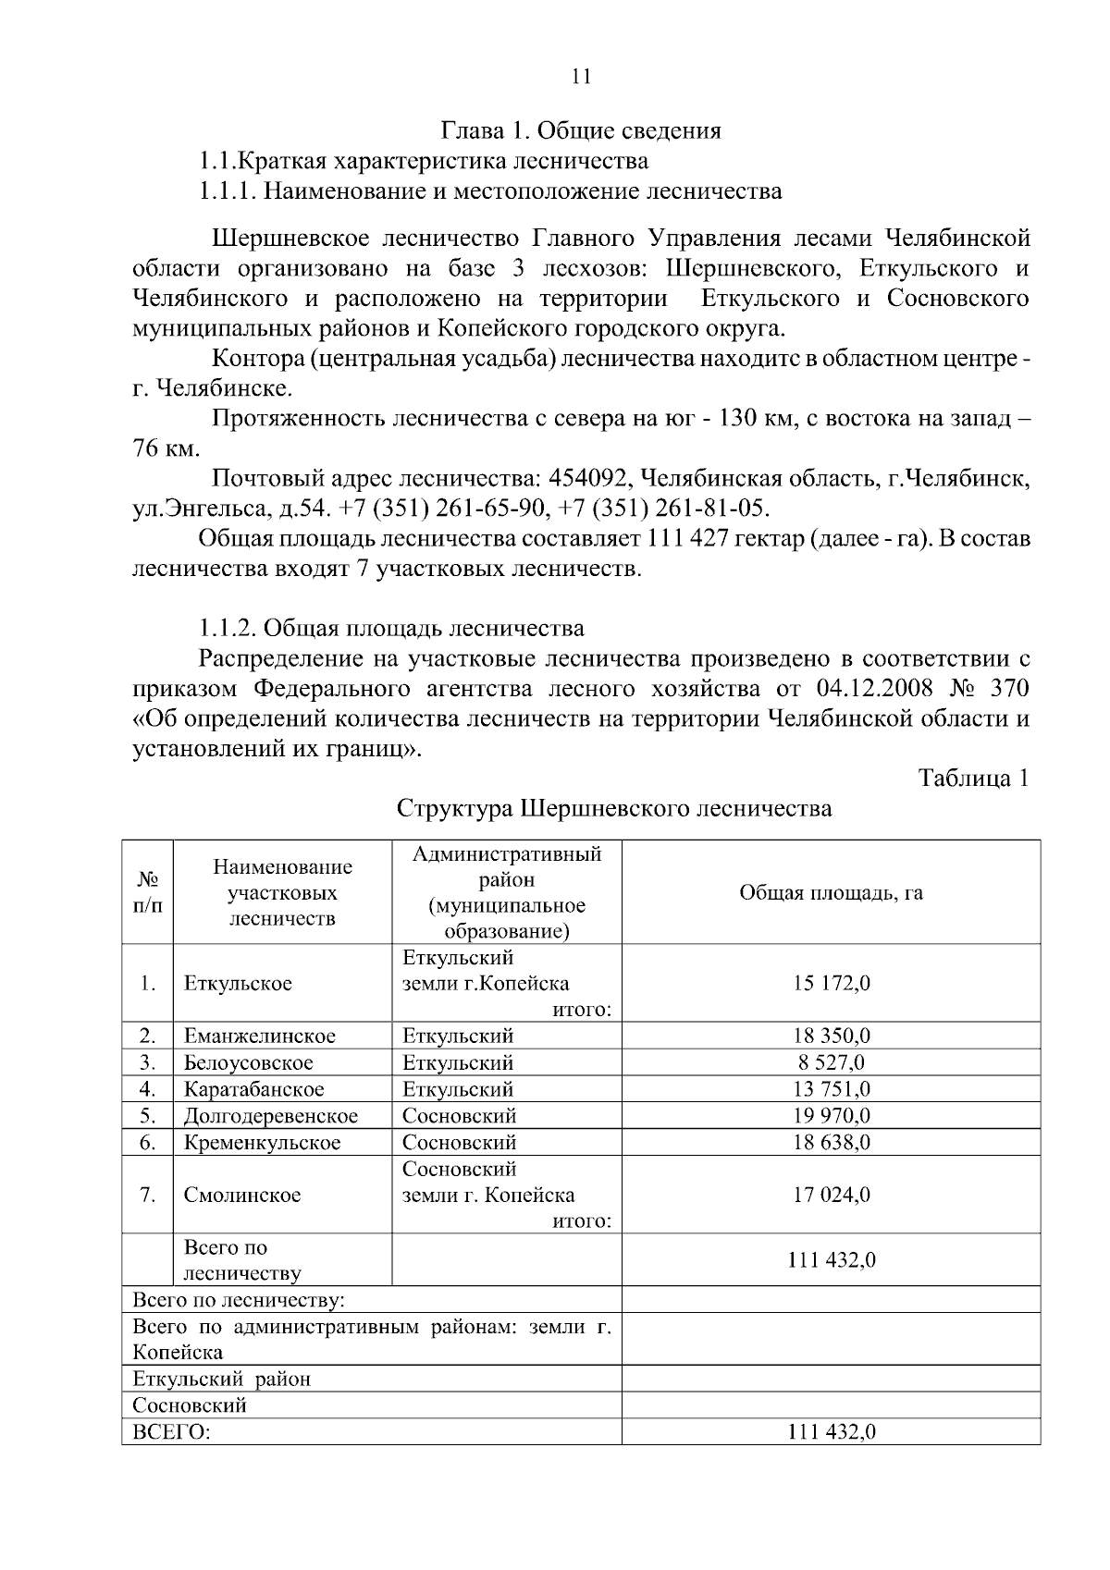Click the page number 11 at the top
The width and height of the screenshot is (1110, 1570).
pyautogui.click(x=581, y=77)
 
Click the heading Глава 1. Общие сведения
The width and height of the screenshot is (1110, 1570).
pyautogui.click(x=580, y=130)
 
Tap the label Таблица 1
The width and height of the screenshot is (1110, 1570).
pyautogui.click(x=974, y=779)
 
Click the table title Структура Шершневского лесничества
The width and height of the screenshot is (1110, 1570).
pyautogui.click(x=614, y=809)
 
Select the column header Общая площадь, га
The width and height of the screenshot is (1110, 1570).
pyautogui.click(x=831, y=893)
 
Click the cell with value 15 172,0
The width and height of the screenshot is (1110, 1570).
pyautogui.click(x=831, y=984)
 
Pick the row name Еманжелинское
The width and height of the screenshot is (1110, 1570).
pyautogui.click(x=260, y=1036)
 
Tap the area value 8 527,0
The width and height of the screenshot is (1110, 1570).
pyautogui.click(x=831, y=1063)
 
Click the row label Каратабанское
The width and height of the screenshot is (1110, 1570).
pyautogui.click(x=254, y=1090)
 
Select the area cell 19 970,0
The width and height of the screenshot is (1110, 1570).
pyautogui.click(x=831, y=1116)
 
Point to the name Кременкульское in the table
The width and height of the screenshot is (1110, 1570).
pyautogui.click(x=262, y=1143)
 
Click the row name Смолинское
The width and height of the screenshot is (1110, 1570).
pyautogui.click(x=242, y=1196)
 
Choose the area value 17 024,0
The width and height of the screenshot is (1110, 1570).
pyautogui.click(x=831, y=1196)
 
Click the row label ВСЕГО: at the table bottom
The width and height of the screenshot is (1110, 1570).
pyautogui.click(x=171, y=1433)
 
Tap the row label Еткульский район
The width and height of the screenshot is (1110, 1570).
pyautogui.click(x=222, y=1380)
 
